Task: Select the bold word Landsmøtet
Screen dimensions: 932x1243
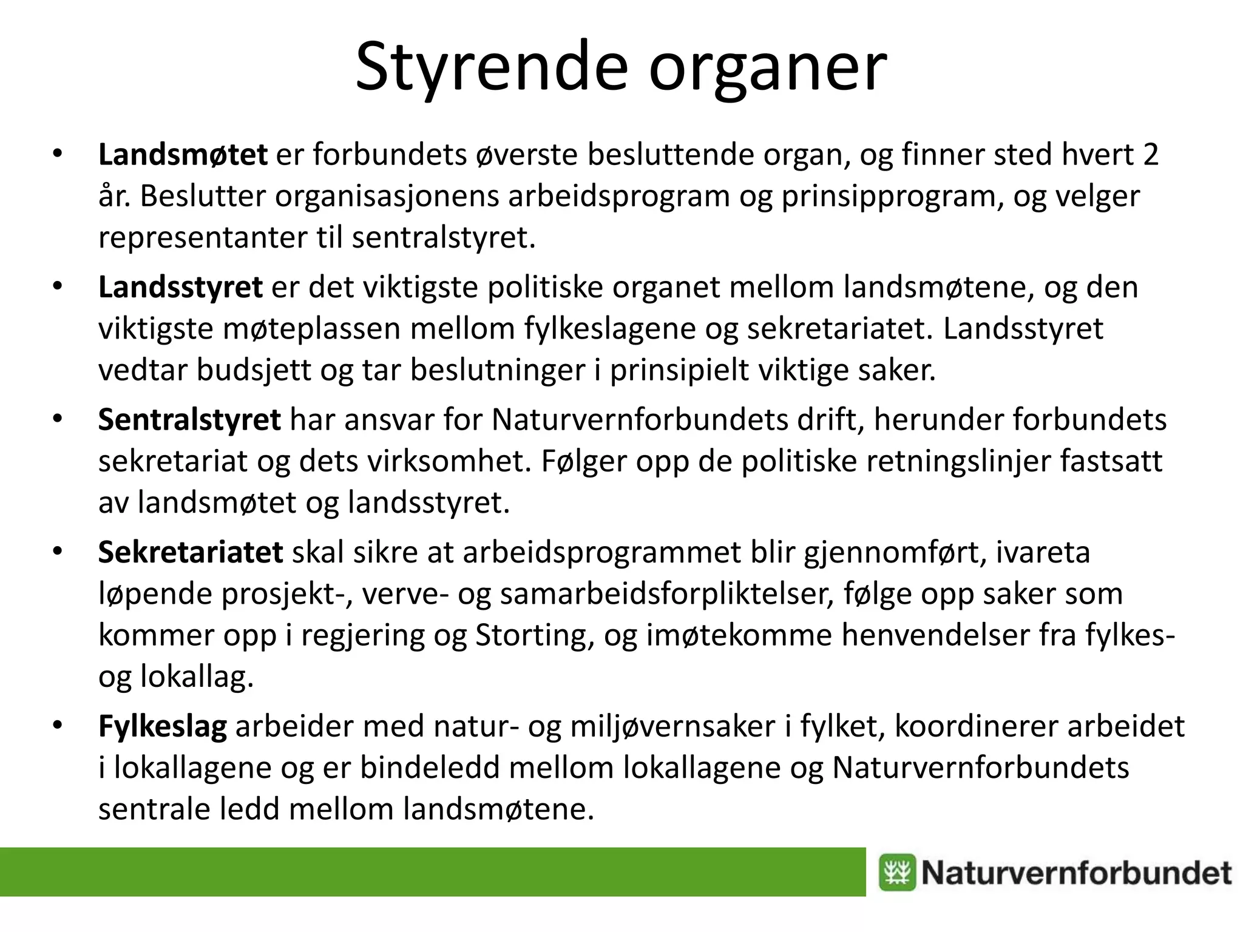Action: [183, 155]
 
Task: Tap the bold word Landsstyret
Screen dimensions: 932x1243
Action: [180, 288]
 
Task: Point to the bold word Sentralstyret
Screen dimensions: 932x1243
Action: [189, 420]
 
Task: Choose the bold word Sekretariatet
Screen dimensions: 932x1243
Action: [191, 552]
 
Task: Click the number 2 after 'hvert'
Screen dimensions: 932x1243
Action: [1150, 155]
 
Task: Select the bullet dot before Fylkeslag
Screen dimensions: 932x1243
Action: [58, 725]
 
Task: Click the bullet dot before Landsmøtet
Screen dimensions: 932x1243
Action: [58, 154]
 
